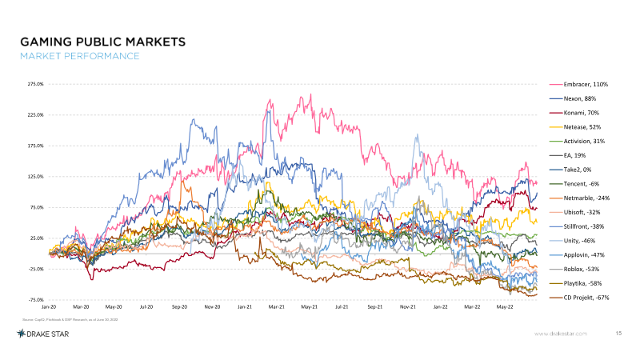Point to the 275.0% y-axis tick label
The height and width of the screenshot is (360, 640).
(x=34, y=84)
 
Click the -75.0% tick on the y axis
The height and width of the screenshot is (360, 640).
(x=34, y=299)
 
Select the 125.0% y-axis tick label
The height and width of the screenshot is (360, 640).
(x=34, y=177)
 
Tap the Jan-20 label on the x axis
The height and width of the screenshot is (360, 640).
(x=49, y=306)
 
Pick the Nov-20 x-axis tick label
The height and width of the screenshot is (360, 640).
(x=212, y=306)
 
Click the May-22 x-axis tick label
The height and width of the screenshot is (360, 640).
(x=505, y=306)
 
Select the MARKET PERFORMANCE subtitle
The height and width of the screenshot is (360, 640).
(x=79, y=56)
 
